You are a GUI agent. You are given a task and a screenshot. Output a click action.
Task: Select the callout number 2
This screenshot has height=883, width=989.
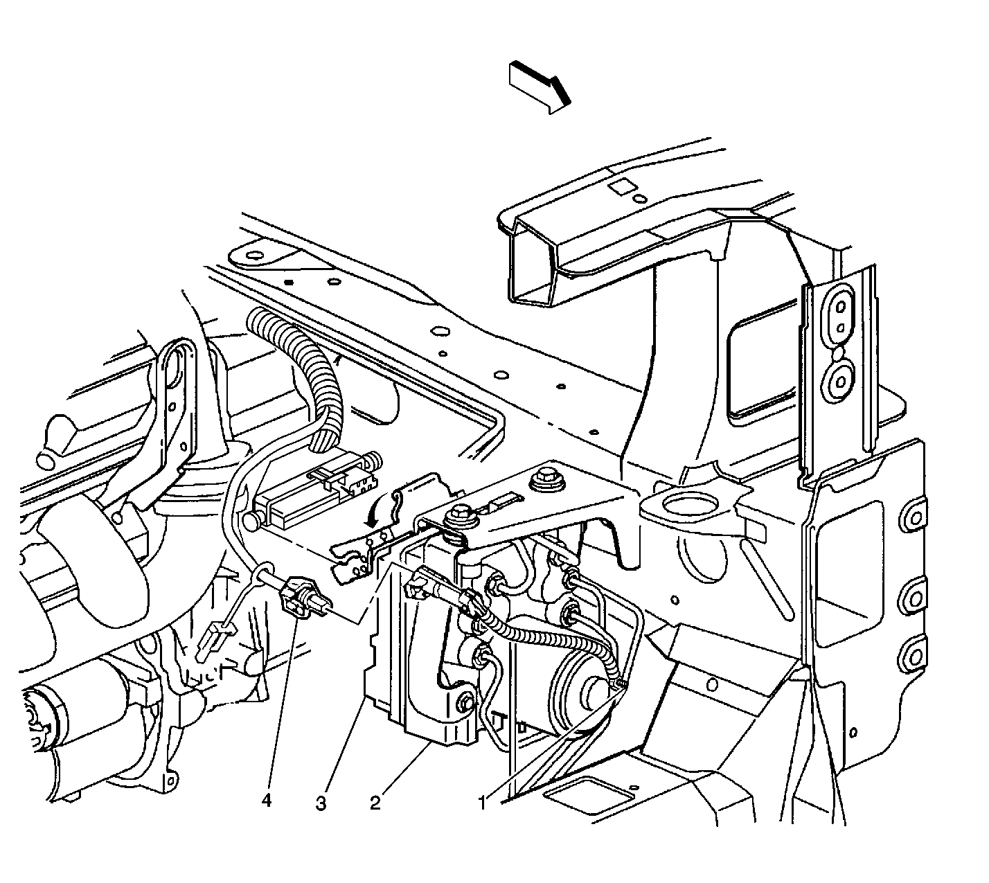[x=375, y=803]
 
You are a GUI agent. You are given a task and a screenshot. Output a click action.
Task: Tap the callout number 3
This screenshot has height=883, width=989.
[x=321, y=803]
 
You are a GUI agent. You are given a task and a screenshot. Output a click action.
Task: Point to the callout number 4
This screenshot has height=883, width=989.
[x=267, y=801]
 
